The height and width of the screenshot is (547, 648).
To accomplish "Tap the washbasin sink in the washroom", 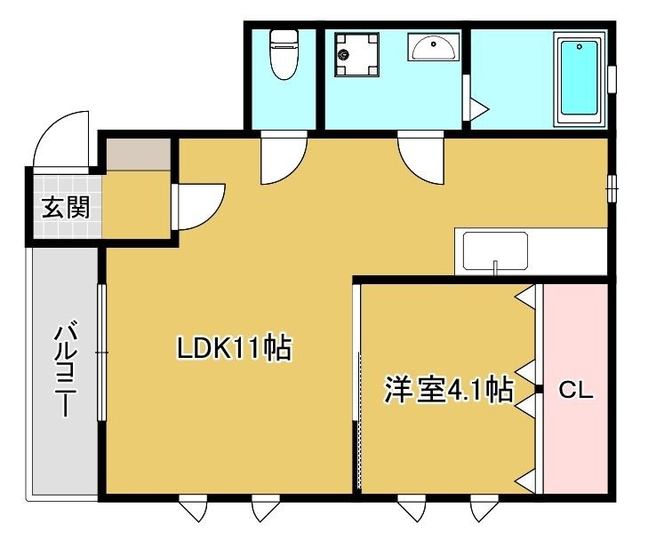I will coord(434,46).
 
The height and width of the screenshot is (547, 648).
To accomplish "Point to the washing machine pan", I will coord(356,55).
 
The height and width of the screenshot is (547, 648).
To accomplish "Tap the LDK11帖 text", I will coord(234,348).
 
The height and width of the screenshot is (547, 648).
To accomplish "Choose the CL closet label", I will coord(575,390).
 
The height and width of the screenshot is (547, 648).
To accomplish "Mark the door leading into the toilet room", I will coord(283,156).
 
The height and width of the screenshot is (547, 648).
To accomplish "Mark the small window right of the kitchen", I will coord(612,188).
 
